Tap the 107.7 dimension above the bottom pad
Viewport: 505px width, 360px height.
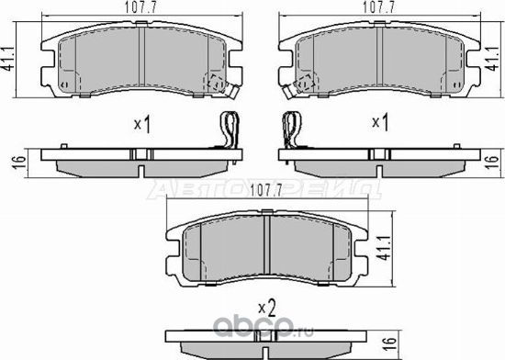[x=265, y=191]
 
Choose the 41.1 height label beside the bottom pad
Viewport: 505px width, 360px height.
[x=385, y=248]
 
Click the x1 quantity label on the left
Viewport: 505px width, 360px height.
[x=141, y=122]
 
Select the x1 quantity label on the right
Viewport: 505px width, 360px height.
[x=376, y=122]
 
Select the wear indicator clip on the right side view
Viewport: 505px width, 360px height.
[x=293, y=129]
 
